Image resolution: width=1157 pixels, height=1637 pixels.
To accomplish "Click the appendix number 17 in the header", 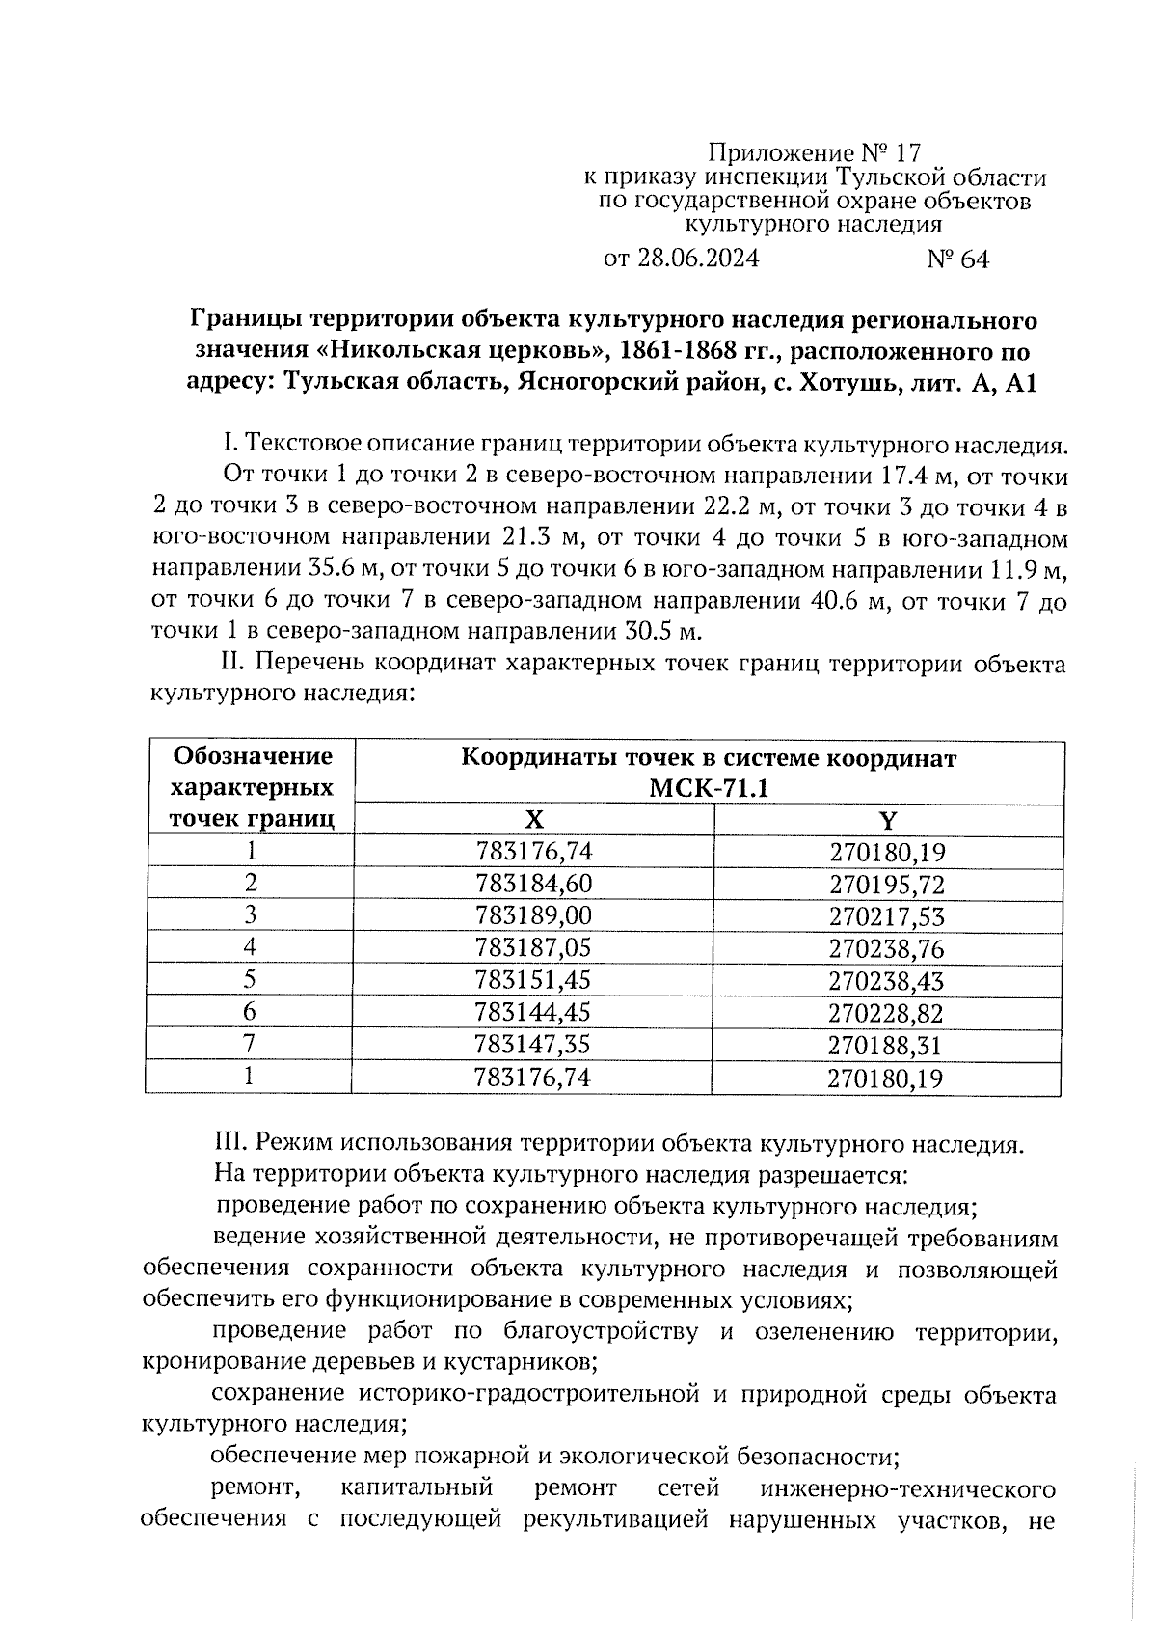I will click(907, 152).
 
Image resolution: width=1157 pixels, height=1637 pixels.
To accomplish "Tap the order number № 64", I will click(957, 259).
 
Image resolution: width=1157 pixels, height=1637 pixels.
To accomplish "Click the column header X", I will click(534, 820).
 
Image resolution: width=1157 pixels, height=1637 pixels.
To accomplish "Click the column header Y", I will click(888, 820).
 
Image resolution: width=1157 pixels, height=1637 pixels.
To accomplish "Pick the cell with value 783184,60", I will click(534, 884).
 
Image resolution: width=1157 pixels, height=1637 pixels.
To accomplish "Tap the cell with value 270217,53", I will click(887, 916).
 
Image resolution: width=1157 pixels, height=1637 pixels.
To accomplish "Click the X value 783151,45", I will click(533, 980).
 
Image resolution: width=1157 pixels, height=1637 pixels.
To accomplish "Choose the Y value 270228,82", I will click(886, 1013).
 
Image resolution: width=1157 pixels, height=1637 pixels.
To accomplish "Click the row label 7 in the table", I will click(250, 1044).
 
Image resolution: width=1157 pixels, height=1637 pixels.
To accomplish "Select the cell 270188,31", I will click(886, 1045).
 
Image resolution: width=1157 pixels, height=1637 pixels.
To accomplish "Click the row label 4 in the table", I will click(251, 947).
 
